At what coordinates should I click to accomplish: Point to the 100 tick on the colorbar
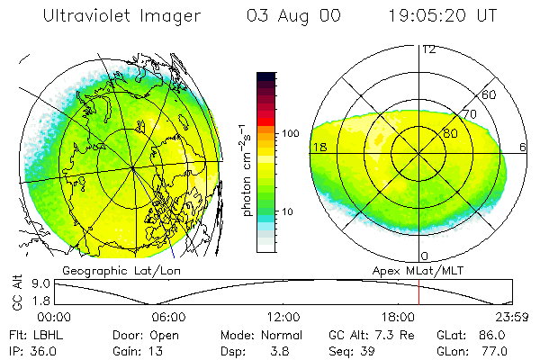290,133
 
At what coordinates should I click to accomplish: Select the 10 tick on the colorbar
287,212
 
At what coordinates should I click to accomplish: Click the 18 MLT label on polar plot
319,147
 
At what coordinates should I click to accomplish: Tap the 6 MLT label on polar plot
525,147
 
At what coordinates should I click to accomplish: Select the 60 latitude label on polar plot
490,94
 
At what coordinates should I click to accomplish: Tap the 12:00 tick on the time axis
284,317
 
